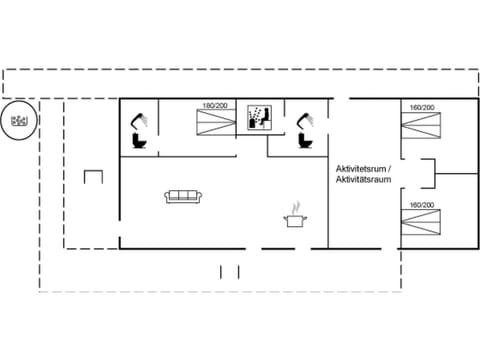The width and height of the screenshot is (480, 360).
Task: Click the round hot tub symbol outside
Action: point(19,121)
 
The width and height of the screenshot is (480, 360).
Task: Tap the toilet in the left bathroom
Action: point(140,142)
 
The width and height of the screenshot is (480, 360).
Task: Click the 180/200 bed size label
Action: point(212,106)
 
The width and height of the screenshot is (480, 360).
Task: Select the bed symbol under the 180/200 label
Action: point(213,123)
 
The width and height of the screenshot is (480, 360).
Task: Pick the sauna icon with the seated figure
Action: point(258,117)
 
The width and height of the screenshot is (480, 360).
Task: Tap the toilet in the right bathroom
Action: point(301,142)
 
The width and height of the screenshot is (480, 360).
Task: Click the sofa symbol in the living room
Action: point(183,196)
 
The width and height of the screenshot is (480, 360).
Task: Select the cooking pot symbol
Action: point(295,219)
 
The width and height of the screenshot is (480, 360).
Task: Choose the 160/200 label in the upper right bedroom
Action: point(422,106)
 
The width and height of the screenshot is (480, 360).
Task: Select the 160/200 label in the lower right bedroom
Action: point(422,205)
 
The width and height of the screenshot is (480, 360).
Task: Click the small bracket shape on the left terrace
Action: point(94,178)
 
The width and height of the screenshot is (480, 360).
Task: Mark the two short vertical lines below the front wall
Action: point(230,271)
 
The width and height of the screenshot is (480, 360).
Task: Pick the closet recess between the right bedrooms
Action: point(428,174)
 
